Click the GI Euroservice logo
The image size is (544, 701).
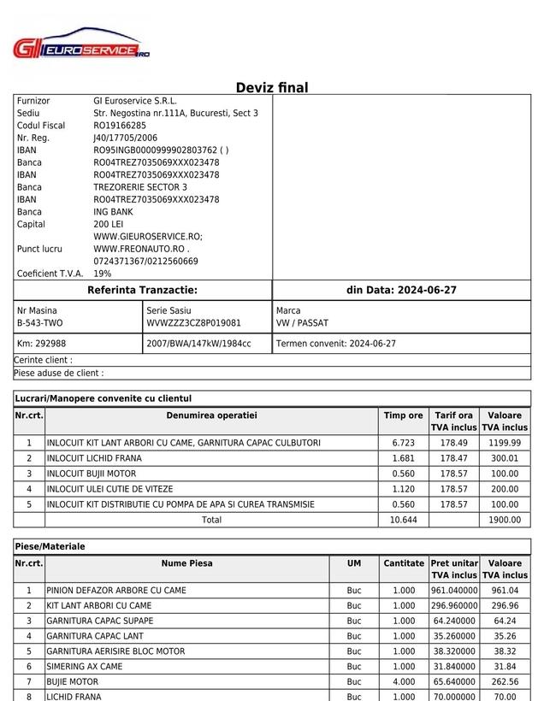point(81,48)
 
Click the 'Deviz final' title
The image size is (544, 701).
point(272,87)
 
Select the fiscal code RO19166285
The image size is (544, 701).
point(120,126)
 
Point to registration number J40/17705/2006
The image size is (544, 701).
point(126,138)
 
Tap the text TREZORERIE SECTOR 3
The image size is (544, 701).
point(140,187)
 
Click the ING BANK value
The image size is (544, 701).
point(113,212)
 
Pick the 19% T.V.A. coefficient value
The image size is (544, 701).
point(103,274)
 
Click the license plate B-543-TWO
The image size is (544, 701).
point(39,323)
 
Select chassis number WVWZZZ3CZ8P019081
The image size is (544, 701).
point(193,323)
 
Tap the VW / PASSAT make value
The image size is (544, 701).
point(302,323)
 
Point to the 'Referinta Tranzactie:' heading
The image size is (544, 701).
point(142,291)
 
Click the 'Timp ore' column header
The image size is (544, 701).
point(403,415)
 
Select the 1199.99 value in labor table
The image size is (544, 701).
point(504,443)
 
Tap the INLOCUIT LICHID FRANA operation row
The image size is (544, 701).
point(94,458)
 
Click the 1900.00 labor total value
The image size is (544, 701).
point(504,520)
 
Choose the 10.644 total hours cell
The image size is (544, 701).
point(403,520)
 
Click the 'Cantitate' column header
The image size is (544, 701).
point(404,563)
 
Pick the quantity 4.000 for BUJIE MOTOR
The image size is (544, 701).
point(404,682)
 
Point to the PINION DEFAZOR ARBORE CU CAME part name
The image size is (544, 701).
point(116,591)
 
